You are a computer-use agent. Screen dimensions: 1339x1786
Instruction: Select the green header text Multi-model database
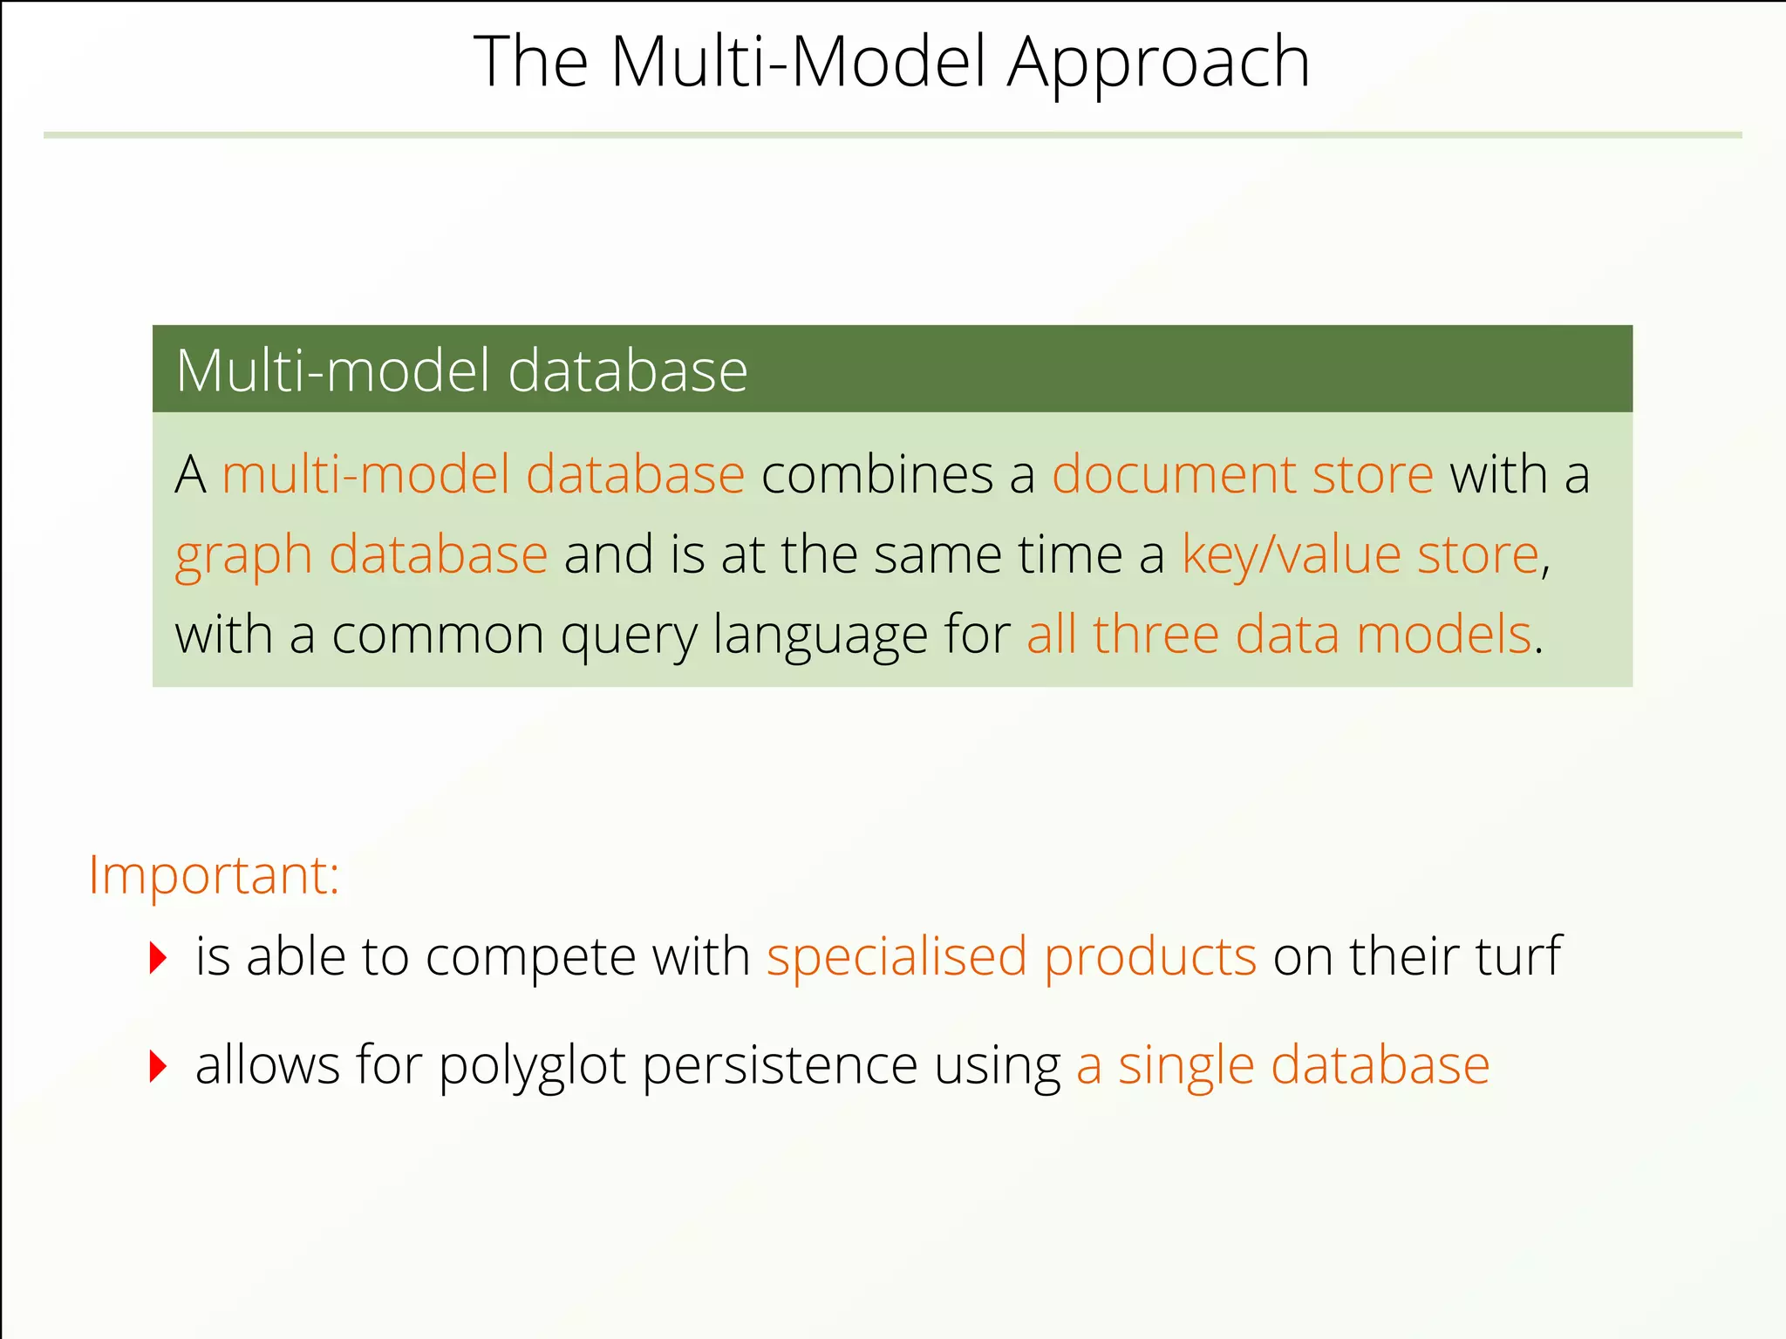tap(461, 370)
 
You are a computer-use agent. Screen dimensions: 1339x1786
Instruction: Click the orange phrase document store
tap(1242, 475)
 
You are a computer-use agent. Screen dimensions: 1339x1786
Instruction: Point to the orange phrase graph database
tap(361, 555)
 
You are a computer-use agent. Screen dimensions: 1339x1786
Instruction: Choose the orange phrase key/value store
tap(1360, 555)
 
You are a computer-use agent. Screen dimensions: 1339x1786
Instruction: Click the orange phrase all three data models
tap(1278, 635)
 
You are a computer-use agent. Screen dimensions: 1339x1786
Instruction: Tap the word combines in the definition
tap(877, 475)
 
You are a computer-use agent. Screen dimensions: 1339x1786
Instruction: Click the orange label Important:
tap(214, 875)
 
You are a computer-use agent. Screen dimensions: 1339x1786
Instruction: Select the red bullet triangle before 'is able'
tap(158, 958)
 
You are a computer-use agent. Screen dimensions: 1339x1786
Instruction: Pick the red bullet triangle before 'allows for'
tap(158, 1066)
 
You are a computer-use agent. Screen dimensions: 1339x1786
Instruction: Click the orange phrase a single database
tap(1282, 1065)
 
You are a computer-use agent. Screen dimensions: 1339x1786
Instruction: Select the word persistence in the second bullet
tap(780, 1065)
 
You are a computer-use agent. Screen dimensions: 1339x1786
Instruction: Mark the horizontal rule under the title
tap(892, 135)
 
